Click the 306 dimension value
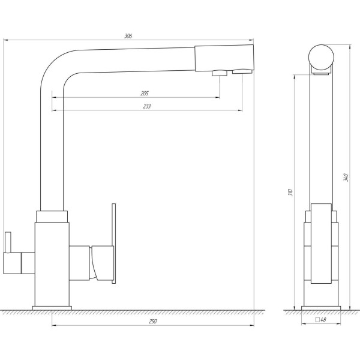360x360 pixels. (128, 36)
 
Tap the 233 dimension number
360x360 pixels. (146, 107)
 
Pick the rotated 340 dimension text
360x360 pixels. (345, 178)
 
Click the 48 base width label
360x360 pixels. (323, 320)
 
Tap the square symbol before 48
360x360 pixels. (317, 320)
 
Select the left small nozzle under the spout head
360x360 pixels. (219, 74)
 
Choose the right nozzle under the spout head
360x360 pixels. (241, 73)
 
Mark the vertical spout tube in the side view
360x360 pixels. (321, 138)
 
